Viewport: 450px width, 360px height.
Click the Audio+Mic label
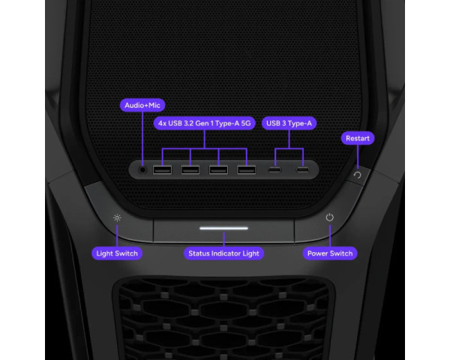pos(142,105)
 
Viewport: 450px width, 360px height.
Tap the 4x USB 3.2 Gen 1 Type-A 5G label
pos(204,123)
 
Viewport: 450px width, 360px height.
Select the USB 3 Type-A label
pos(289,123)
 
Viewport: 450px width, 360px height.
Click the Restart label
pos(358,138)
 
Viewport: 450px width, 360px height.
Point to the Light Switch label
pos(117,253)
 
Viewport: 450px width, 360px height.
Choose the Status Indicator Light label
pos(223,253)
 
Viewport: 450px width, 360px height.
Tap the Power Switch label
pos(330,253)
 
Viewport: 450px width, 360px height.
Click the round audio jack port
pos(142,170)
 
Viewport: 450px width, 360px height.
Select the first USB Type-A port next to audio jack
pos(163,170)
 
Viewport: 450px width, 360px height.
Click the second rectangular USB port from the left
pos(190,170)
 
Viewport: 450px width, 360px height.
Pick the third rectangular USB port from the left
pos(218,170)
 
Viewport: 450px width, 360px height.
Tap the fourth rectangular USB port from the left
pos(247,170)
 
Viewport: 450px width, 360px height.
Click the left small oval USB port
pos(274,170)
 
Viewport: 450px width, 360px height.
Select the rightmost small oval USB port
pos(303,170)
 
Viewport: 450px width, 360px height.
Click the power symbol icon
pos(330,217)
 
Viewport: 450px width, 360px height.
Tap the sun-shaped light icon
pos(117,218)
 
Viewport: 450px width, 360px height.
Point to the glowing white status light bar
pos(223,229)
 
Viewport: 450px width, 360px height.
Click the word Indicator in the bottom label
pos(225,253)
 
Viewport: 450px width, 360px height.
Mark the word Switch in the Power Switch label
pos(341,253)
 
